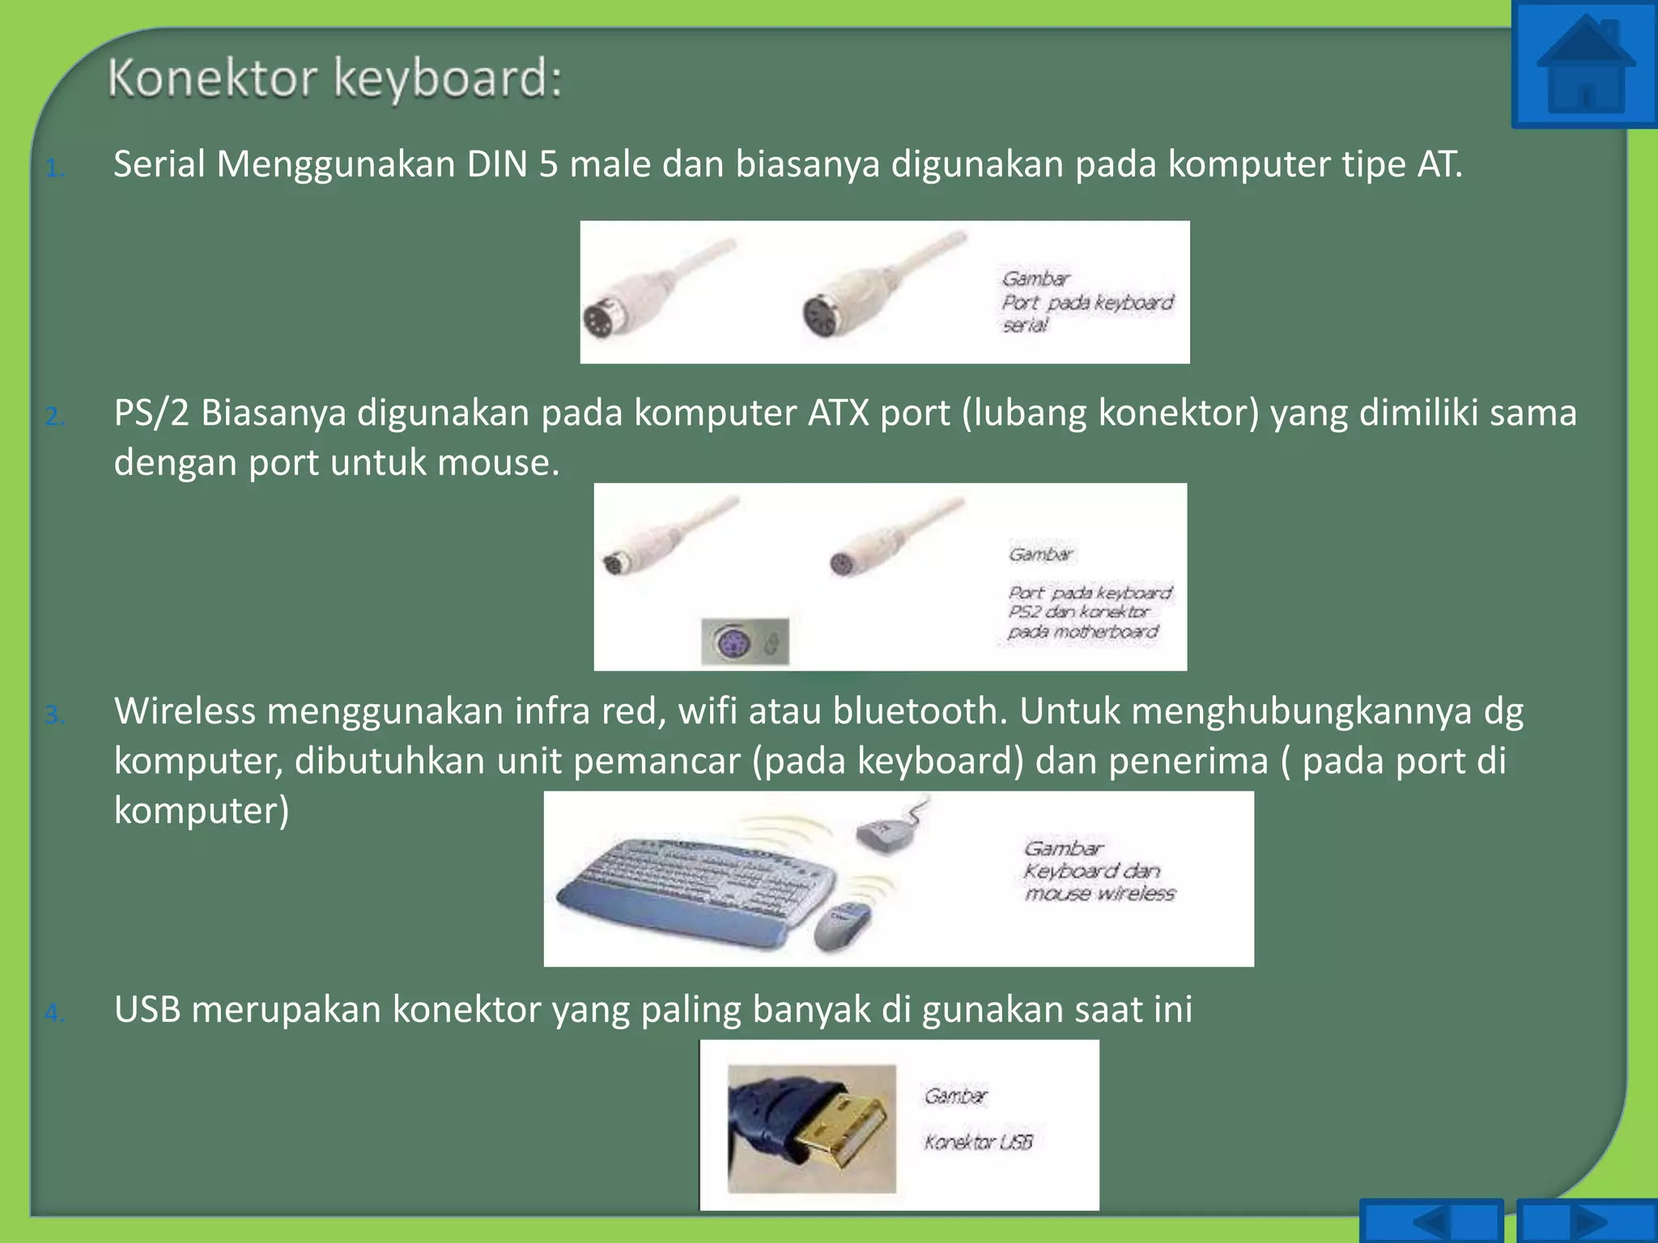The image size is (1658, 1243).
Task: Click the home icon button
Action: tap(1584, 65)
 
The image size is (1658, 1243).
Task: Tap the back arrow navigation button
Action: tap(1431, 1220)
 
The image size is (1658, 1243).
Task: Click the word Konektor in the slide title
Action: tap(212, 78)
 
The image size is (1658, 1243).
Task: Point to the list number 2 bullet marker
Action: tap(55, 416)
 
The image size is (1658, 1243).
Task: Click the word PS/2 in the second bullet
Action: tap(151, 413)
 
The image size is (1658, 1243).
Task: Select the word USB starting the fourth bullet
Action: tap(147, 1010)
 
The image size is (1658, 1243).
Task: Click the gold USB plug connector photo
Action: tap(812, 1128)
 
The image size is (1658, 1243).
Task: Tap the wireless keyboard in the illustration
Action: tap(696, 890)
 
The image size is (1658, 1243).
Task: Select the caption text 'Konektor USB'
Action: tap(978, 1142)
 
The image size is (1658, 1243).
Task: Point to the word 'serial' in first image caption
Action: tap(1025, 325)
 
